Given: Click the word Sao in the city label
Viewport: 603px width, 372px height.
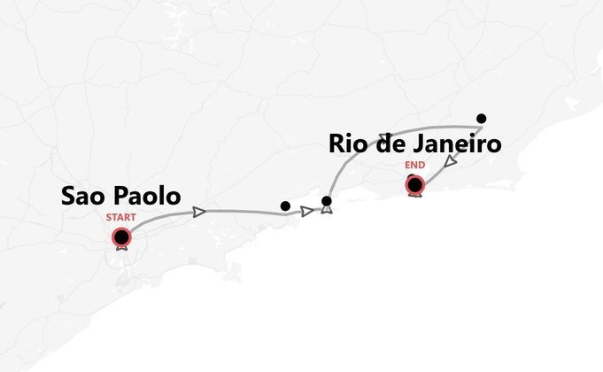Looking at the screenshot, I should point(83,197).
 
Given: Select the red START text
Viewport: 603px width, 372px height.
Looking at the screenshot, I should point(121,217).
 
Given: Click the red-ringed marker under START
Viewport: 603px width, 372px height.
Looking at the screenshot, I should point(121,236).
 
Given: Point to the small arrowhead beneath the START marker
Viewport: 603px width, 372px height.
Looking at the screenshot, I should point(121,248).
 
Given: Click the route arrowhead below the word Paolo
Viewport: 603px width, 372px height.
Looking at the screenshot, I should point(199,212).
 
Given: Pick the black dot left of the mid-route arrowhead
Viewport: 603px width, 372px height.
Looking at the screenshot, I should point(284,206).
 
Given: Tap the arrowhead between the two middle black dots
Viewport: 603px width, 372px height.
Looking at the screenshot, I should point(306,211).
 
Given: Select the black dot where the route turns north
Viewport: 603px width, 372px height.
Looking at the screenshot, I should point(327,201).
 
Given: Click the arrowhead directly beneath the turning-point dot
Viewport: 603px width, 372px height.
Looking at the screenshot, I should point(327,212).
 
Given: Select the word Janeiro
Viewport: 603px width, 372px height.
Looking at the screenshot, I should point(458,144).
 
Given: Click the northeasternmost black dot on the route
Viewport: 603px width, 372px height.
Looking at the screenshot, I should point(481,118).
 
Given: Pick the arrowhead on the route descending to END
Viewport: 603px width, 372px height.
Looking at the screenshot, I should point(450,163).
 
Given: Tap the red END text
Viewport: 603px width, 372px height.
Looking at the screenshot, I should point(414,166).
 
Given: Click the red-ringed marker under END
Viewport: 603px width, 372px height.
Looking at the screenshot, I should point(414,184).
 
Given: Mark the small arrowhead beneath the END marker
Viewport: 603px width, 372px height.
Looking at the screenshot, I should point(414,195).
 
